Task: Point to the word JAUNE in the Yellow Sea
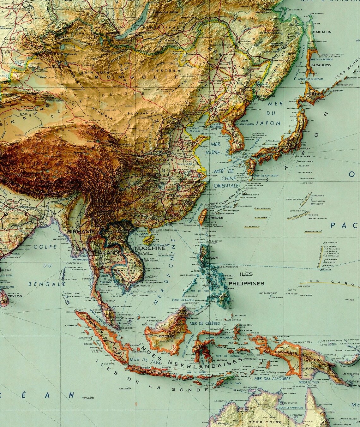212,153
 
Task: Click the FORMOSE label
214,218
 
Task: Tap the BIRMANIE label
81,231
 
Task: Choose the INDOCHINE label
149,248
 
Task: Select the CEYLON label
15,296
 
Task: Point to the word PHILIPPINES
246,283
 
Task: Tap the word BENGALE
47,284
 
